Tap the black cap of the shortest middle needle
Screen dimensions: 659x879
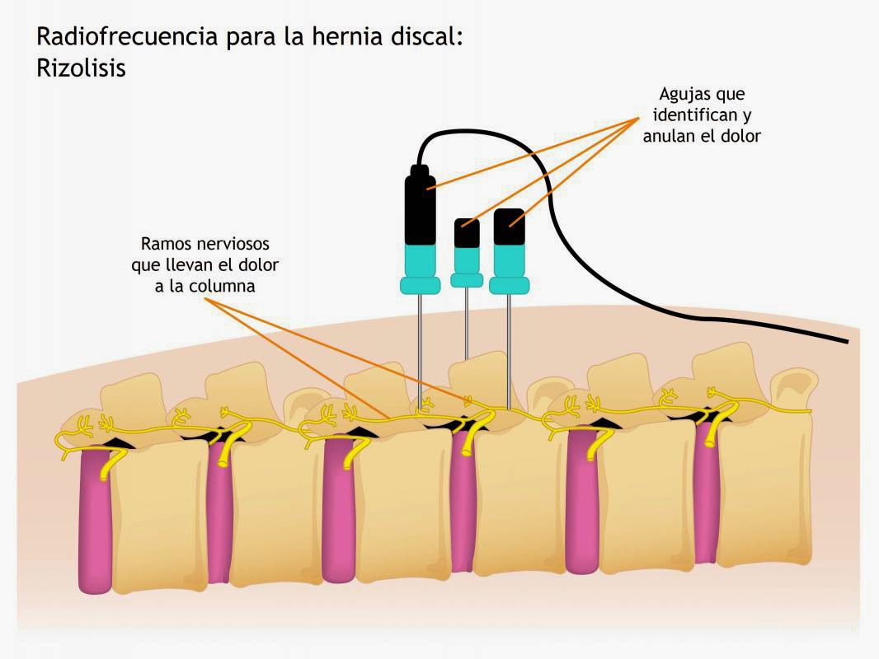[467, 233]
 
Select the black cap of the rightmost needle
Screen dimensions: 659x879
[509, 227]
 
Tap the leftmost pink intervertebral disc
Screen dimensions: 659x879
[95, 519]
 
